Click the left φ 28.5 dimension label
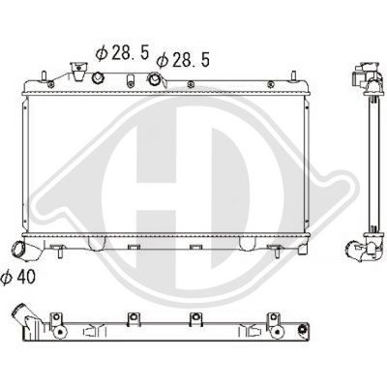pyautogui.click(x=122, y=52)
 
